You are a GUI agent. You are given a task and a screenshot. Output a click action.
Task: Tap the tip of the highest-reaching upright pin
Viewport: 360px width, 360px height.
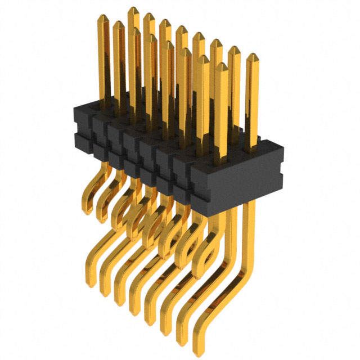tap(133, 9)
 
